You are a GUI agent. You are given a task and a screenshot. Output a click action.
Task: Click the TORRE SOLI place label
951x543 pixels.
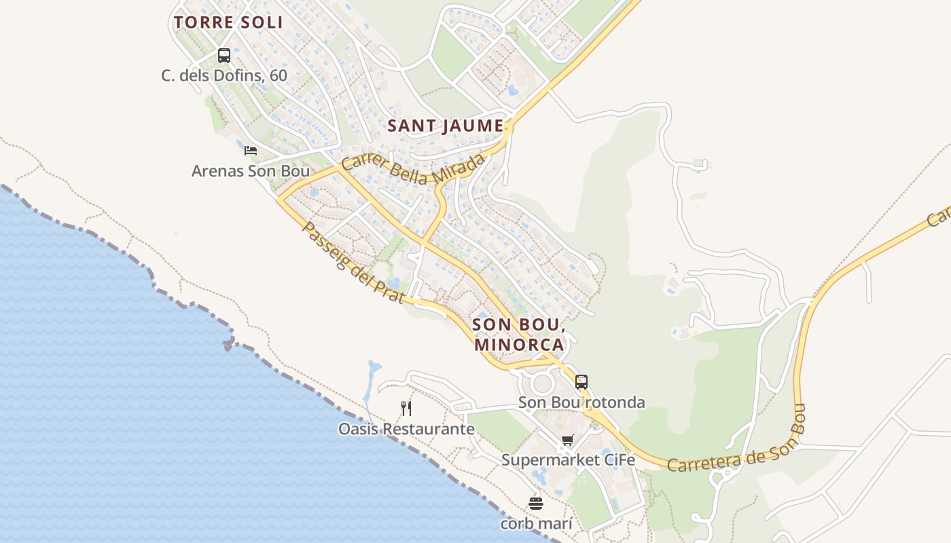pyautogui.click(x=228, y=22)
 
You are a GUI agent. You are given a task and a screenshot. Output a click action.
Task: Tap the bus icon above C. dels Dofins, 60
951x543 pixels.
pyautogui.click(x=224, y=56)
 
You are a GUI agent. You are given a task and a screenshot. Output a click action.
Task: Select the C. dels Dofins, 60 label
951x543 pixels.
pyautogui.click(x=224, y=75)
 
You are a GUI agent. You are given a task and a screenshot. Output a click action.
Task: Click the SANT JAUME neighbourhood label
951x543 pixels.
pyautogui.click(x=446, y=126)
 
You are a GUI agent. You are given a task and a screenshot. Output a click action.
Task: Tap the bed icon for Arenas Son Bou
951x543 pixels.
pyautogui.click(x=251, y=151)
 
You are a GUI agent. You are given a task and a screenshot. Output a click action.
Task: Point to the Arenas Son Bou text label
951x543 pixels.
pyautogui.click(x=251, y=171)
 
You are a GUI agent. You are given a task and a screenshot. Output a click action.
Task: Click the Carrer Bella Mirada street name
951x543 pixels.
pyautogui.click(x=414, y=169)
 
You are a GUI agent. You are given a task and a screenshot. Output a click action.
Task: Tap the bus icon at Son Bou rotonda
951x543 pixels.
pyautogui.click(x=581, y=382)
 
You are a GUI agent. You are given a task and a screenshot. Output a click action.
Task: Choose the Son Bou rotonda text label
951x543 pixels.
pyautogui.click(x=581, y=402)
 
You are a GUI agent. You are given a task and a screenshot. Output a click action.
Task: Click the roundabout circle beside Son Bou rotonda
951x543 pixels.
pyautogui.click(x=542, y=384)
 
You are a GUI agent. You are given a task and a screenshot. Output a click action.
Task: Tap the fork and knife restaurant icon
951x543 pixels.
pyautogui.click(x=406, y=409)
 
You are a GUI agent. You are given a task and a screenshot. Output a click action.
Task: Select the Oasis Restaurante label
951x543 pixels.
pyautogui.click(x=406, y=429)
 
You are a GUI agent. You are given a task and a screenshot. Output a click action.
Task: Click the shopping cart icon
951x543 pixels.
pyautogui.click(x=568, y=440)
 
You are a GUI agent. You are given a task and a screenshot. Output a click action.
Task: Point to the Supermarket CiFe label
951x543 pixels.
pyautogui.click(x=568, y=460)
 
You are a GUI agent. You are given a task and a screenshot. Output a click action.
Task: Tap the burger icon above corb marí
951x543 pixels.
pyautogui.click(x=536, y=504)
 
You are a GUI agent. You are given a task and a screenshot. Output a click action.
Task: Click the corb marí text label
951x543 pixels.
pyautogui.click(x=536, y=524)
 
